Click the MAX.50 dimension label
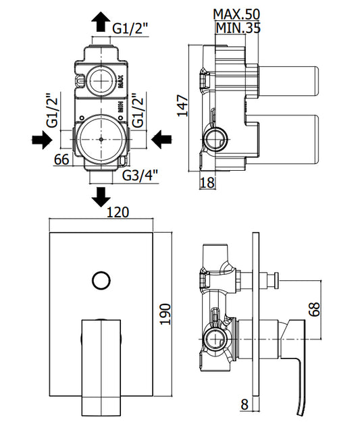[236, 14]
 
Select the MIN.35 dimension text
[238, 28]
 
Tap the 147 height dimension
[182, 106]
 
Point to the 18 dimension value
[207, 182]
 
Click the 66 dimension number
[61, 159]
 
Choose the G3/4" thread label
[140, 176]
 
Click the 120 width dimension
[118, 212]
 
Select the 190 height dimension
[165, 314]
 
